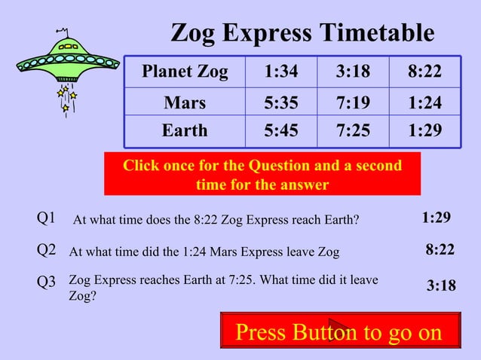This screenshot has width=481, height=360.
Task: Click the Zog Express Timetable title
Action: coord(302,33)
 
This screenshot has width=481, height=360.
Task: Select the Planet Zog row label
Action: coord(185,72)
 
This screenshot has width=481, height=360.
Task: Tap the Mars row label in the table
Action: coord(185,102)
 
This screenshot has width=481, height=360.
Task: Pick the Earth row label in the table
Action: coord(185,131)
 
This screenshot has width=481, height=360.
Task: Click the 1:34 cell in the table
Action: coord(280,72)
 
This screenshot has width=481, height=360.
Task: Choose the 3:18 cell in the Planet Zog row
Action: coord(353,72)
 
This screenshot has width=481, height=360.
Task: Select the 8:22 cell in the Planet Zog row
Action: coord(424,72)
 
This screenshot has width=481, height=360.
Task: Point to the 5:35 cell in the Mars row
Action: coord(280,102)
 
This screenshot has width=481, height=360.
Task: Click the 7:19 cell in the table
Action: coord(353,102)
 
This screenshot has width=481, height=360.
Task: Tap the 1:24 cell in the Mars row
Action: coord(424,102)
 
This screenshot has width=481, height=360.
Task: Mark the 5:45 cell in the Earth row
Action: coord(280,131)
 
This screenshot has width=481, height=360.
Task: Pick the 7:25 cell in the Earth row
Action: coord(353,131)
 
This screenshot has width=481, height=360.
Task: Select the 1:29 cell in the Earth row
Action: coord(424,131)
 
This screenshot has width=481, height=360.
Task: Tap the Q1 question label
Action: coord(47,218)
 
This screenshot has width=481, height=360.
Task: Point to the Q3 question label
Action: coord(47,282)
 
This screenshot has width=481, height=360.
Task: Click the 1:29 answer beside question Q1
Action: coord(437,218)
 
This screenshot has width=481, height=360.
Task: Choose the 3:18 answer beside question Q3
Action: coord(441,285)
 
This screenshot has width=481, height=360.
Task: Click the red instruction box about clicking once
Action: coord(262,174)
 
